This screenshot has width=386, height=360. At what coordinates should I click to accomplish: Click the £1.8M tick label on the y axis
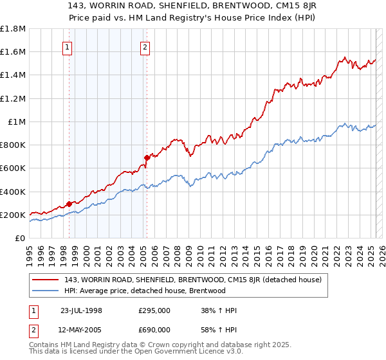(x=13, y=29)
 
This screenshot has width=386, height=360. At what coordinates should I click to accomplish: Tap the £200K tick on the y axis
(x=13, y=215)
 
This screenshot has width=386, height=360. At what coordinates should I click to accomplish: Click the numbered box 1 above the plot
(x=68, y=46)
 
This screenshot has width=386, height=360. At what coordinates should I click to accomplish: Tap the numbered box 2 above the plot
(x=145, y=46)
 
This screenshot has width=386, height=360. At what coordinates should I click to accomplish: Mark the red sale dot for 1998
(x=69, y=204)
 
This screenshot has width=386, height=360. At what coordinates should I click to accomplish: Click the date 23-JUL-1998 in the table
(x=81, y=310)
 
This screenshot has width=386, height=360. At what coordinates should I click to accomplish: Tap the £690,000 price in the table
(x=154, y=329)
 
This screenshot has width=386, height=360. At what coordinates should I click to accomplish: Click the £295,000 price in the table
(x=154, y=310)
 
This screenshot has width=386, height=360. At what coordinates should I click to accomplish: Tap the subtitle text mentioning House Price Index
(x=193, y=19)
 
